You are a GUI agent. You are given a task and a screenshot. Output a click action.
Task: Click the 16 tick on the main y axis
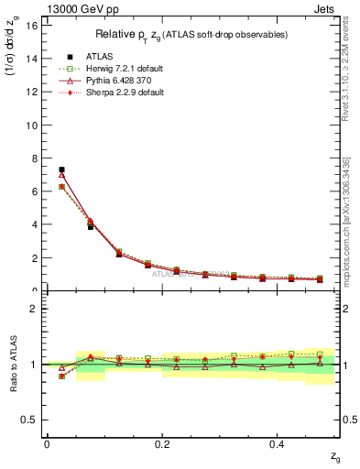pos(32,25)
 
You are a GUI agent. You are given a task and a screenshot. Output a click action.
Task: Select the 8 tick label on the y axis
pos(35,158)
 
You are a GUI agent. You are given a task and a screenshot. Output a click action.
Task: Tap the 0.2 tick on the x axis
pos(162,444)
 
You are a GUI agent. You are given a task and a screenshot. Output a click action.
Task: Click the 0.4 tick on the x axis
pos(278,444)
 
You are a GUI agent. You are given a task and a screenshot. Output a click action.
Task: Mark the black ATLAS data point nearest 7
pos(61,169)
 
